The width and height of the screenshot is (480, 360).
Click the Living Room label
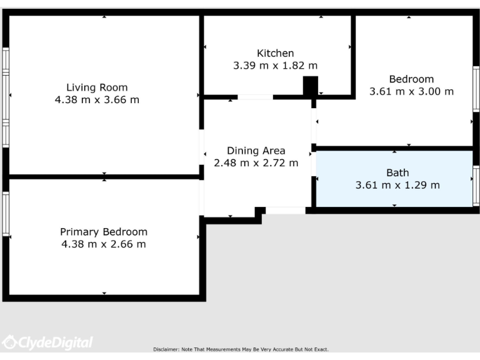(97, 87)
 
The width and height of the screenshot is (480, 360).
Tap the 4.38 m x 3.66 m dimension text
(97, 99)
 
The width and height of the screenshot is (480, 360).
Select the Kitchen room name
(275, 53)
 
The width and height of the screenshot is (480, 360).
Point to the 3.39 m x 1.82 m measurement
(275, 65)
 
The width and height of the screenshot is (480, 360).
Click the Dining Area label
(256, 151)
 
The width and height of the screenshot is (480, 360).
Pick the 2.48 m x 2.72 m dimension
(256, 162)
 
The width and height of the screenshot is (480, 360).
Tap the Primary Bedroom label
(104, 232)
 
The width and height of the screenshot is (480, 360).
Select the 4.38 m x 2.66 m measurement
(104, 244)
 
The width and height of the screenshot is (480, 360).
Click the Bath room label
(397, 172)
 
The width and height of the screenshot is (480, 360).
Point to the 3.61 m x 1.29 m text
(397, 184)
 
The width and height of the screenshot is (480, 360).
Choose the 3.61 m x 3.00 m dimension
(411, 91)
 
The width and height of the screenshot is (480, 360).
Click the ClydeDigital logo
(47, 342)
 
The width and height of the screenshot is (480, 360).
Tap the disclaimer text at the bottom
(241, 349)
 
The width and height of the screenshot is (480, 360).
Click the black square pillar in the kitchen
(310, 86)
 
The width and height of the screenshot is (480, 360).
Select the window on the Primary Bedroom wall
(6, 214)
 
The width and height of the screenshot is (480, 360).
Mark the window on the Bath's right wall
(476, 186)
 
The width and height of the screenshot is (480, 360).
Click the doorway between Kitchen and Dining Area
(255, 97)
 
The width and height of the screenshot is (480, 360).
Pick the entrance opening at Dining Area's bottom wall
(286, 211)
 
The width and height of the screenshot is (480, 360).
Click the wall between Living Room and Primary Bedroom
(104, 177)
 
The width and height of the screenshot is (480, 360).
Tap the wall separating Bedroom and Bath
(394, 148)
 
